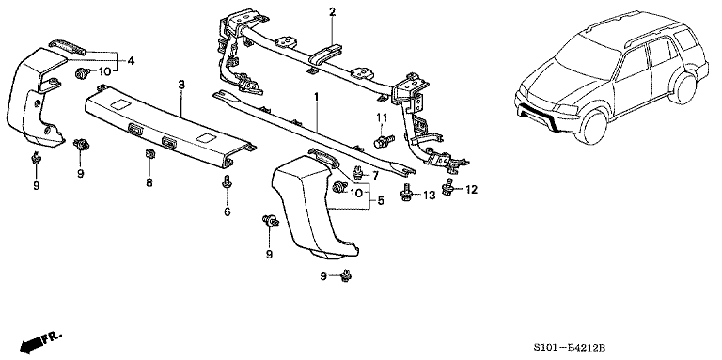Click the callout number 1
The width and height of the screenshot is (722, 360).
click(316, 97)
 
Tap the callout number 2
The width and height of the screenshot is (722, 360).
click(332, 12)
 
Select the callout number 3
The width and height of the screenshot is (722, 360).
click(181, 85)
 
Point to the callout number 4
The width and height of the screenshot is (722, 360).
click(131, 60)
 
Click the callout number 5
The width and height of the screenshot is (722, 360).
click(381, 201)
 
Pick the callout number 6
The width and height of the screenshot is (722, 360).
click(228, 211)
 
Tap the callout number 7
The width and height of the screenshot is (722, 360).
click(375, 176)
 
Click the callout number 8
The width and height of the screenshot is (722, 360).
click(149, 182)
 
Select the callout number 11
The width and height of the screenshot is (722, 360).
click(382, 117)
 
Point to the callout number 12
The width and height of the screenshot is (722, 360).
click(471, 189)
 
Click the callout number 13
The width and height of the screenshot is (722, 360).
click(429, 196)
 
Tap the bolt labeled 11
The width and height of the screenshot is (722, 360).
click(384, 140)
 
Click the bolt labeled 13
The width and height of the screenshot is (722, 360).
click(406, 193)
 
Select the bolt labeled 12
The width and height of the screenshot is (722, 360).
click(447, 187)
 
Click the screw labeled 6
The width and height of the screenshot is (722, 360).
click(227, 182)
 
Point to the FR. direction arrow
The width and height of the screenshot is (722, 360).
click(40, 341)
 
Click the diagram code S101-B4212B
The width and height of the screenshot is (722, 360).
click(567, 345)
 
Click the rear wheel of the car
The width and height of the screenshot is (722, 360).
click(682, 87)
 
